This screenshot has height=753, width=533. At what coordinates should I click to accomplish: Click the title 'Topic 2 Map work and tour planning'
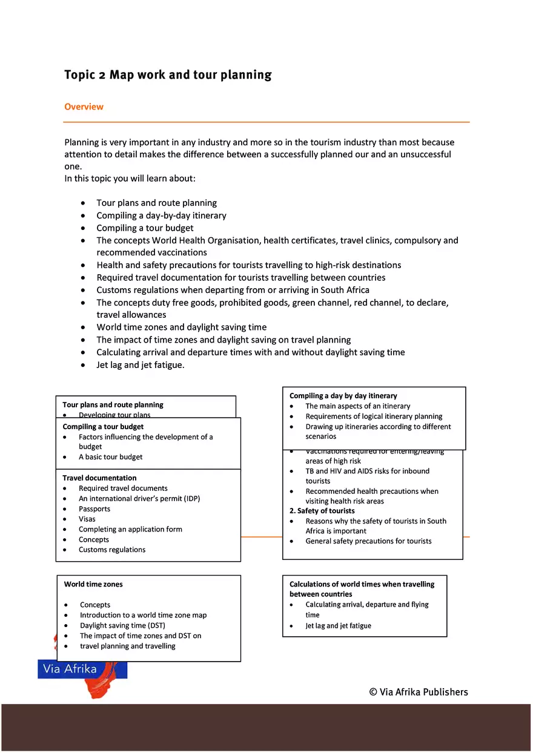coord(168,75)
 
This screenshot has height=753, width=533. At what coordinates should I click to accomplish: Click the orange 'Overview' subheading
coord(84,107)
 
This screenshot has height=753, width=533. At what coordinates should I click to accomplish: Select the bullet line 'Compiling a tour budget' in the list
coord(145,228)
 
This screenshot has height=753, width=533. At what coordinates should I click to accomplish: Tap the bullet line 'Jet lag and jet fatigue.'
coord(141,365)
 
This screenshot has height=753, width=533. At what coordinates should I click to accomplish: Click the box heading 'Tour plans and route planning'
coord(113,405)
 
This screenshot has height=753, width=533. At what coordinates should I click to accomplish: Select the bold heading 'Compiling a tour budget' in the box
coord(103,427)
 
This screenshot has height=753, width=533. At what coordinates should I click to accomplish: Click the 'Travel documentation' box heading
coord(99,478)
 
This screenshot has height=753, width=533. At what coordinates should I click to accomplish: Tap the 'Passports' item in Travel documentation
coord(94,509)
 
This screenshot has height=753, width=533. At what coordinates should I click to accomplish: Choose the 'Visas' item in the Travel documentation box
coord(87,519)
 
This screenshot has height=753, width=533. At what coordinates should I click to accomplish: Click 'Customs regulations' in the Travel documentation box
coord(112,550)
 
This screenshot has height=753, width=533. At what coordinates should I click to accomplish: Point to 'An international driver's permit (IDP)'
coord(139,499)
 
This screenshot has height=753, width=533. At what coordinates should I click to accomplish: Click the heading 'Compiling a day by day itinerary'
coord(343,396)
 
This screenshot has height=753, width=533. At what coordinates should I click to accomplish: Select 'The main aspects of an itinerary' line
coord(357,406)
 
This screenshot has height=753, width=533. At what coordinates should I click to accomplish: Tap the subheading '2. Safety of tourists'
coord(322,511)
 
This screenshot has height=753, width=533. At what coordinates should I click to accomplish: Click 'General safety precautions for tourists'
coord(368,541)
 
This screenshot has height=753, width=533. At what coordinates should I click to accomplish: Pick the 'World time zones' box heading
coord(93,585)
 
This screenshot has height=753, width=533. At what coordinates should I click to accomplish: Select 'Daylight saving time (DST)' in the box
coord(122,626)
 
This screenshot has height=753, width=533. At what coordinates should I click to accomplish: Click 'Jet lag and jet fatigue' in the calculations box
coord(338,626)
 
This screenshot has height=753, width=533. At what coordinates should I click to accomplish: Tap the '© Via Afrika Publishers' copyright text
coord(419,692)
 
